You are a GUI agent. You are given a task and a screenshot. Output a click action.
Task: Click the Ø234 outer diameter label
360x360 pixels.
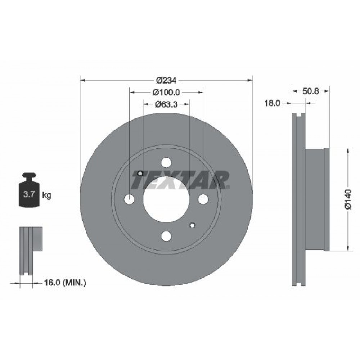(x=166, y=80)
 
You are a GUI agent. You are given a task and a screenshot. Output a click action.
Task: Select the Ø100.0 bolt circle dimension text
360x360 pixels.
(x=166, y=93)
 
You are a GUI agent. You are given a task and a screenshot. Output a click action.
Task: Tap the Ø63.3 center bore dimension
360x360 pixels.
(x=166, y=105)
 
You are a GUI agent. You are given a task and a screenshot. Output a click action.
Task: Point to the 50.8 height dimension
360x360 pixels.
(x=311, y=91)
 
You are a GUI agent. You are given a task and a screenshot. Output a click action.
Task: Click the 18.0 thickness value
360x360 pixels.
(x=273, y=103)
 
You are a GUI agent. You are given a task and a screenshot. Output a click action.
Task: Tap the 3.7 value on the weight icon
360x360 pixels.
(x=29, y=195)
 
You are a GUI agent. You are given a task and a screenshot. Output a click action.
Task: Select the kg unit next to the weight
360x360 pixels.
(x=47, y=195)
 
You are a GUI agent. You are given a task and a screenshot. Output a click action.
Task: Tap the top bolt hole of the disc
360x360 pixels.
(x=166, y=163)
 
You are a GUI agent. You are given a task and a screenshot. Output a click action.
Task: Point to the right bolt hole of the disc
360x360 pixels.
(x=203, y=199)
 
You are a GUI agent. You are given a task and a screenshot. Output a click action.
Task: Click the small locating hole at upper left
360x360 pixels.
(x=140, y=173)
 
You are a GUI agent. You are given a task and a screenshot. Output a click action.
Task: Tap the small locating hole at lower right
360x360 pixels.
(x=192, y=225)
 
